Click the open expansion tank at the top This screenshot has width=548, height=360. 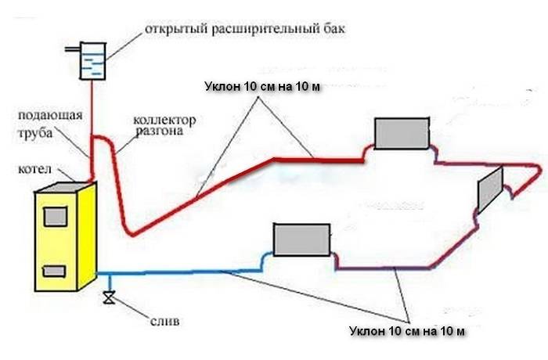pyautogui.click(x=93, y=59)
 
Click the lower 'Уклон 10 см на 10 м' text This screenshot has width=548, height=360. pyautogui.click(x=407, y=332)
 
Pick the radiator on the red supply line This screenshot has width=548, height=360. pyautogui.click(x=401, y=133)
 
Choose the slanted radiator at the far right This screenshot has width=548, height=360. pyautogui.click(x=490, y=188)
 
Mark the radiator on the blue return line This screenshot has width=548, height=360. pyautogui.click(x=301, y=240)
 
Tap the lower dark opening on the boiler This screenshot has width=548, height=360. pyautogui.click(x=53, y=271)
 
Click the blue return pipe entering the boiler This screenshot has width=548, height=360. pyautogui.click(x=157, y=273)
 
